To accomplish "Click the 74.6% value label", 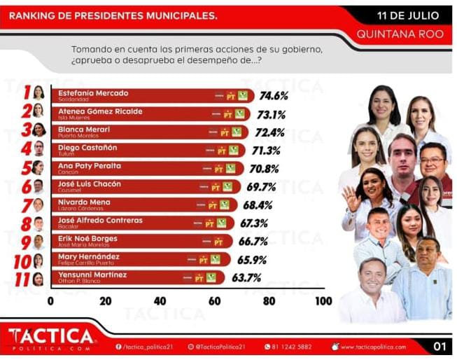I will pyautogui.click(x=274, y=96).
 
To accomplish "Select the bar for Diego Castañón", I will pyautogui.click(x=140, y=150).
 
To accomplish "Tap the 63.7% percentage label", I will pyautogui.click(x=246, y=278).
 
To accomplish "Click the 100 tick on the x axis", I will pyautogui.click(x=323, y=301).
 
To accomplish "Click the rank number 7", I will pyautogui.click(x=27, y=205).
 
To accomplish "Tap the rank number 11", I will pyautogui.click(x=23, y=278).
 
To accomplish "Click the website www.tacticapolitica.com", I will pyautogui.click(x=373, y=347).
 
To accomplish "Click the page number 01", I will pyautogui.click(x=440, y=346).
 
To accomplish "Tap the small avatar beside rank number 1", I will pyautogui.click(x=39, y=92).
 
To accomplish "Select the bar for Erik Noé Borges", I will pyautogui.click(x=133, y=242).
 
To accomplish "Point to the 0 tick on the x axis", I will pyautogui.click(x=50, y=301).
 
